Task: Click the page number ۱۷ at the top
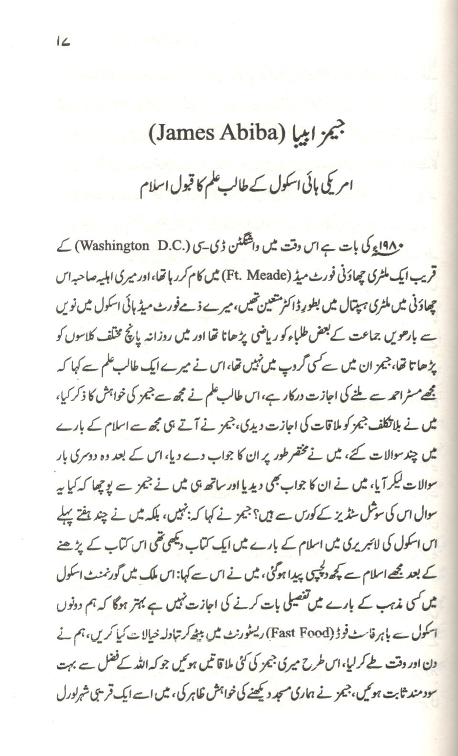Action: pyautogui.click(x=63, y=43)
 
